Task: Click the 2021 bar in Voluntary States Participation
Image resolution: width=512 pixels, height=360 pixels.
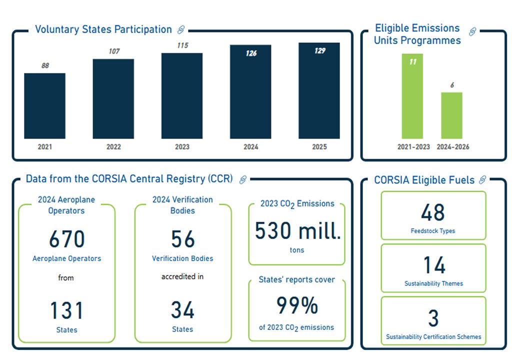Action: point(44,106)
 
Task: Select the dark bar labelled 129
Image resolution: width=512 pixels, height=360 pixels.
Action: point(319,90)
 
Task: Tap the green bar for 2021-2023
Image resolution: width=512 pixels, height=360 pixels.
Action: point(412,96)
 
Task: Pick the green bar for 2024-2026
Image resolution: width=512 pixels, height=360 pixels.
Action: point(451,115)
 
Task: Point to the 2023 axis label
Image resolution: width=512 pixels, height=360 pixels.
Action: point(182,147)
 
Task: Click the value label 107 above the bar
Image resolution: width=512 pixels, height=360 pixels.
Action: point(114,51)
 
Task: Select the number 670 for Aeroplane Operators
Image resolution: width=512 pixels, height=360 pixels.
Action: point(66,239)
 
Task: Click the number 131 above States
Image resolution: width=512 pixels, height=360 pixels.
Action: point(66,310)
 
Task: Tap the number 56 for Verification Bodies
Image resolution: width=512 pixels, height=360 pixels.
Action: point(182,239)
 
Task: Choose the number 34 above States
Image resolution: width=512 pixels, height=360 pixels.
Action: point(182,310)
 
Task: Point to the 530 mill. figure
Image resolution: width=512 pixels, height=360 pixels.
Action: point(297,231)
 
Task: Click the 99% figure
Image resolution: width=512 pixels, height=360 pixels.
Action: point(297,305)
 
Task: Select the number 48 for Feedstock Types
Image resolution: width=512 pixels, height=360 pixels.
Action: point(433,212)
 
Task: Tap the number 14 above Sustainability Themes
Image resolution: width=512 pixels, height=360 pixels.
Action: point(433,265)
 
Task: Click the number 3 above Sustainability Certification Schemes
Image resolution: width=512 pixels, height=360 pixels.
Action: point(433,318)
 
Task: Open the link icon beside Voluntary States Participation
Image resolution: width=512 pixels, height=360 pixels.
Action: point(181,30)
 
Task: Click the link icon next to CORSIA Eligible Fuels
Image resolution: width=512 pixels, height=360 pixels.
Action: point(482,180)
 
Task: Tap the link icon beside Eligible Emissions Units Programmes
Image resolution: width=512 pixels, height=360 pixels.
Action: point(472,32)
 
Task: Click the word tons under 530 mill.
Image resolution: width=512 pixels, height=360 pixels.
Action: point(296,250)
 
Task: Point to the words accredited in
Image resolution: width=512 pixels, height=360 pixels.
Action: point(182,276)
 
